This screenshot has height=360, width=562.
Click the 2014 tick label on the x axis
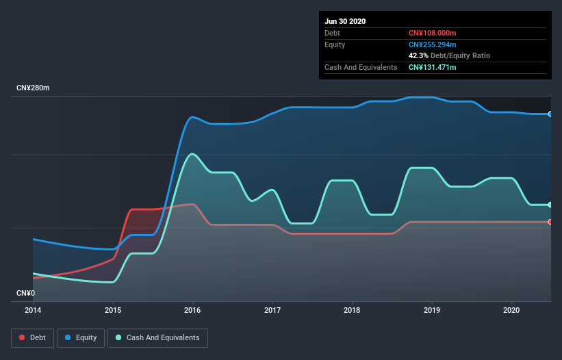33,310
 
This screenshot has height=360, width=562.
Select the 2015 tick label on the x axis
113,310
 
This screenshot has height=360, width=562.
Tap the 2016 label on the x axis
193,310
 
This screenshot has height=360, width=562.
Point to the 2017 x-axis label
272,310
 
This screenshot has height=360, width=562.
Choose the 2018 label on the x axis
353,310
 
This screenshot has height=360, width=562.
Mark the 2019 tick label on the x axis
432,310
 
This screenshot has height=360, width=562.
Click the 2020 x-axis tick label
512,310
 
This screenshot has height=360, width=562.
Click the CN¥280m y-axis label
34,88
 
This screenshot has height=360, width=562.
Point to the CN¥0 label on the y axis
25,293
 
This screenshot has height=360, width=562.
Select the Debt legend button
32,337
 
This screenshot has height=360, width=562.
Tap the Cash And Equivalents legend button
157,337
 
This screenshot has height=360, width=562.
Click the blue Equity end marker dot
550,114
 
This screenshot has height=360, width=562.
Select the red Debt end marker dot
550,222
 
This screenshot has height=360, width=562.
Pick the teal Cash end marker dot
550,205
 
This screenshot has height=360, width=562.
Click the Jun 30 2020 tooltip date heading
345,21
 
